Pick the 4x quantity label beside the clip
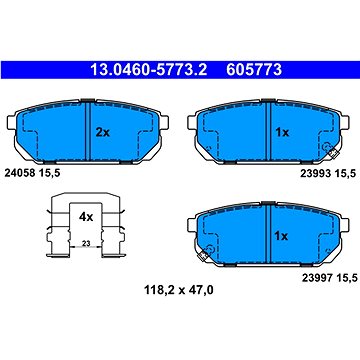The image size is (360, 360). point(86,216)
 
